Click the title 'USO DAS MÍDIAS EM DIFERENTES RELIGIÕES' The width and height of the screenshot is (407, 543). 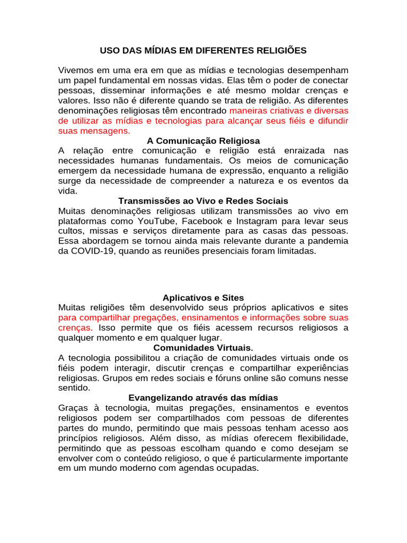203,51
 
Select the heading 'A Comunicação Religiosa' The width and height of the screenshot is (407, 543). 203,141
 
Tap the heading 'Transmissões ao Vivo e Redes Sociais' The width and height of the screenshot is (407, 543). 203,201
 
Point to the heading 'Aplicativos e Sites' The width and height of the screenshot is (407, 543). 203,297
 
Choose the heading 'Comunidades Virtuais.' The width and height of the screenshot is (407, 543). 203,348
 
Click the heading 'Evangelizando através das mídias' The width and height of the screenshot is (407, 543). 203,398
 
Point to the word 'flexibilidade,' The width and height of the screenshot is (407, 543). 318,438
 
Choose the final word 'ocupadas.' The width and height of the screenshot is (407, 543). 240,468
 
